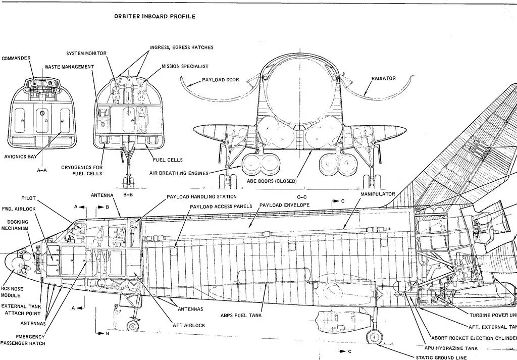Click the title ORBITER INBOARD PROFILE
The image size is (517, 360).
(x=154, y=16)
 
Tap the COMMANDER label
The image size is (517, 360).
(x=16, y=59)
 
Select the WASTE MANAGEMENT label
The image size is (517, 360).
(x=69, y=67)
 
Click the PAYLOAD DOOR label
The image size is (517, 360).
(x=220, y=80)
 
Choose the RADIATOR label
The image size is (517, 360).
(x=383, y=78)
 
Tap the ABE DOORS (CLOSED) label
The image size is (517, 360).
(x=272, y=181)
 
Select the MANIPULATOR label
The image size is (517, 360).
(x=378, y=194)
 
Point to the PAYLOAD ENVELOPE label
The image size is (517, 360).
(x=284, y=205)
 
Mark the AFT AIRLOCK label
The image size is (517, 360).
(x=188, y=326)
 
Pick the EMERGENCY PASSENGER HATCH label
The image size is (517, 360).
(x=23, y=340)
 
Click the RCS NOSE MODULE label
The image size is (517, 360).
(x=11, y=292)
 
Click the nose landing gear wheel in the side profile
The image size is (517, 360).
(x=133, y=325)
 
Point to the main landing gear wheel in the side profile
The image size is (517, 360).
(x=374, y=336)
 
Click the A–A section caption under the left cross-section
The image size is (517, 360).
(x=42, y=171)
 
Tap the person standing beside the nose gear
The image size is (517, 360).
(x=117, y=316)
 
